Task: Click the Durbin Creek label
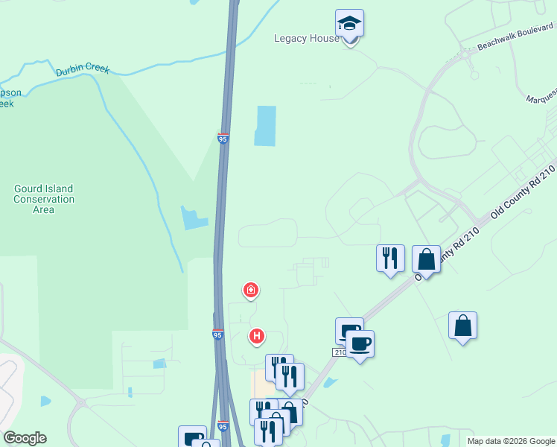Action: pyautogui.click(x=83, y=70)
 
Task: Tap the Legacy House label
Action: pyautogui.click(x=306, y=39)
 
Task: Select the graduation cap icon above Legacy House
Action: pyautogui.click(x=349, y=24)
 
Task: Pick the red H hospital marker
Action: pyautogui.click(x=257, y=337)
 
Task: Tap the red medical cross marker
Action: pyautogui.click(x=252, y=289)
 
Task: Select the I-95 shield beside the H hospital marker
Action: pyautogui.click(x=217, y=335)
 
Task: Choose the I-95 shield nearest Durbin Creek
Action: pyautogui.click(x=223, y=139)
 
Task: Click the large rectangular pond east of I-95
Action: pyautogui.click(x=266, y=126)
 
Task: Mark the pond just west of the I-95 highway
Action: pyautogui.click(x=193, y=218)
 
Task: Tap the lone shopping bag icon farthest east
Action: pyautogui.click(x=463, y=326)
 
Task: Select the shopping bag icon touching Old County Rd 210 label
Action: pyautogui.click(x=426, y=260)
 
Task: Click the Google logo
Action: pyautogui.click(x=25, y=438)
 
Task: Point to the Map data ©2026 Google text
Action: pyautogui.click(x=510, y=441)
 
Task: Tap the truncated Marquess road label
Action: pyautogui.click(x=541, y=99)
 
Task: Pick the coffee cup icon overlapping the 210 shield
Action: pyautogui.click(x=360, y=345)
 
